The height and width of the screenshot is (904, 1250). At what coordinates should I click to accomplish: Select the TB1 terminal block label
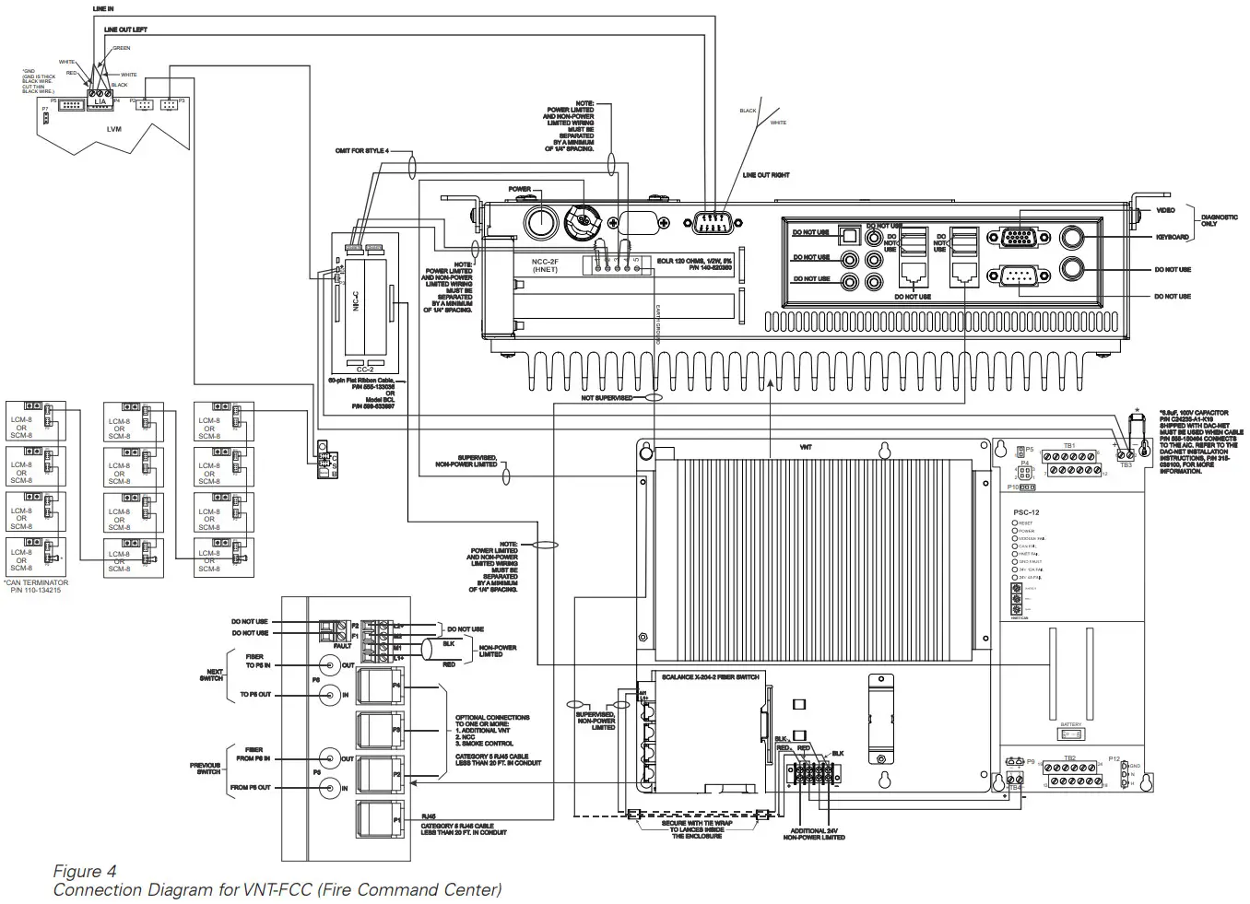[x=1069, y=445]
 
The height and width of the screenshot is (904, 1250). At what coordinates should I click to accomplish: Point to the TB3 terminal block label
[x=1126, y=465]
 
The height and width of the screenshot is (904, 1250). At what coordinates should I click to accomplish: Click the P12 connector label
[x=1114, y=758]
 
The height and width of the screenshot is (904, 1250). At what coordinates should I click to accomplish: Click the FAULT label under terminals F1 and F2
[x=342, y=646]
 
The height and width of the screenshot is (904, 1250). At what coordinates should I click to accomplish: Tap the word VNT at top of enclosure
[x=806, y=446]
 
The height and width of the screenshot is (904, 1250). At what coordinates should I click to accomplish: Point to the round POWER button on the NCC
[x=539, y=222]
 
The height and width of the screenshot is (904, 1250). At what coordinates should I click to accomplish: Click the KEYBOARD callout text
[x=1172, y=238]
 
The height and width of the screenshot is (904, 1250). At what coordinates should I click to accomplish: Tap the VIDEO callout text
[x=1165, y=210]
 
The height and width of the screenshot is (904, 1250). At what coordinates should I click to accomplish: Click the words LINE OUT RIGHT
[x=766, y=175]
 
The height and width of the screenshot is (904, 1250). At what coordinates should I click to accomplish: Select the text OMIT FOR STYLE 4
[x=362, y=150]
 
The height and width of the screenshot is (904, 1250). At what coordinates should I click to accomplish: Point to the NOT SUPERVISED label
[x=607, y=398]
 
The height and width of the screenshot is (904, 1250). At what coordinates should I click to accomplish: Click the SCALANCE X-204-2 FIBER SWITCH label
[x=710, y=676]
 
